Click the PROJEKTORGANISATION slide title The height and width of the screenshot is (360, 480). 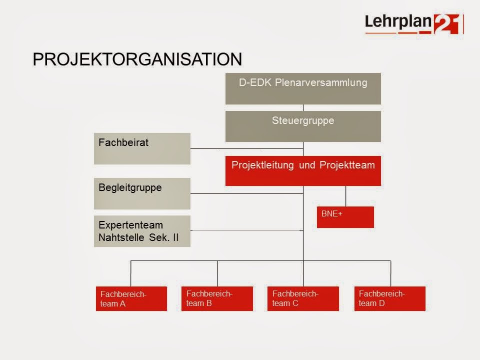click(137, 59)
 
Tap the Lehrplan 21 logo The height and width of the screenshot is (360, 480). click(413, 23)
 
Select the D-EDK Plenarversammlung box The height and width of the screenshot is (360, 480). click(303, 88)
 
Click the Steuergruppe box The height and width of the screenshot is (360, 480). click(303, 126)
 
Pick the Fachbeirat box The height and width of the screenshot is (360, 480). click(142, 148)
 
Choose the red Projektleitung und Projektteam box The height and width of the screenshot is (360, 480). click(303, 171)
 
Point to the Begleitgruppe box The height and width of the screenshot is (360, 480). click(142, 193)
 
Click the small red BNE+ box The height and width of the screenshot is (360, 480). click(345, 217)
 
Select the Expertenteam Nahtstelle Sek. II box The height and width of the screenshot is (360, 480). click(142, 231)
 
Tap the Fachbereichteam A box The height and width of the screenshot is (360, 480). click(131, 298)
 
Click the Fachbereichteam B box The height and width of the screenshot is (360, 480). click(217, 298)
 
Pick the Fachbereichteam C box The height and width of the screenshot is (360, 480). click(303, 298)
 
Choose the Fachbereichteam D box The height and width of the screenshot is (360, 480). click(390, 298)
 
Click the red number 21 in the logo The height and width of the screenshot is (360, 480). click(446, 24)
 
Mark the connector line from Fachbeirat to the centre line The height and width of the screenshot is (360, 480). click(247, 148)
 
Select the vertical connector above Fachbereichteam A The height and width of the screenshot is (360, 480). click(131, 273)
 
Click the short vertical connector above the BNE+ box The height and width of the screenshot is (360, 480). click(345, 196)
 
